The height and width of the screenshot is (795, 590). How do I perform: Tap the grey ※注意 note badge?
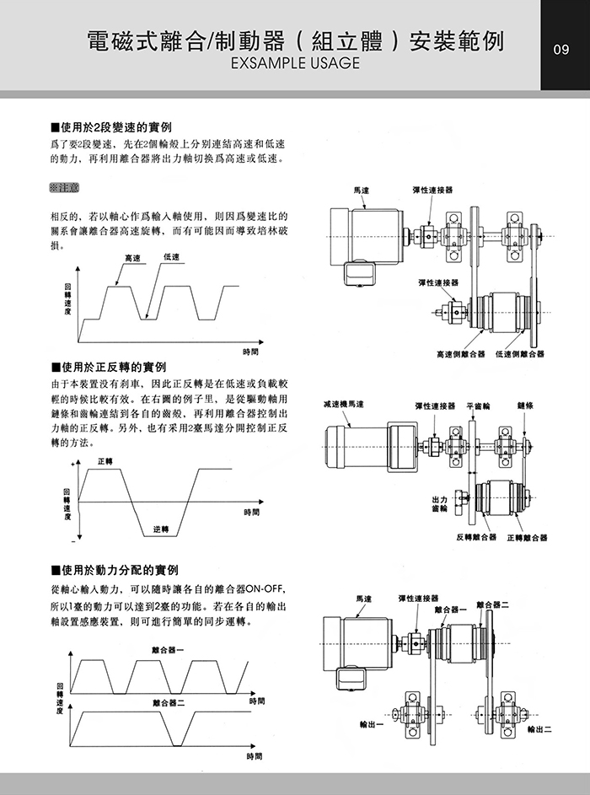click(x=64, y=185)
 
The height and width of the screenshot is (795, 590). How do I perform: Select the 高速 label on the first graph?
click(x=132, y=257)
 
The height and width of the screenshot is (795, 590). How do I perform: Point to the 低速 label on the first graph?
click(x=171, y=256)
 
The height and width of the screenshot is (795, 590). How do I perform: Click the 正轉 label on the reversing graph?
click(x=105, y=461)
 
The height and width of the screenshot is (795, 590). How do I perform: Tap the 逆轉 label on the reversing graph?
click(x=161, y=529)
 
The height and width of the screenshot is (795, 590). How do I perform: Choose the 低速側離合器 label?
click(x=519, y=354)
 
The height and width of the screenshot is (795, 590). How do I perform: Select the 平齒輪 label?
click(x=478, y=406)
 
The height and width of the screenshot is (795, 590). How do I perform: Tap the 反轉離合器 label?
click(x=476, y=537)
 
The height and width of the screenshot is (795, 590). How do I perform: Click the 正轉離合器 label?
click(x=527, y=537)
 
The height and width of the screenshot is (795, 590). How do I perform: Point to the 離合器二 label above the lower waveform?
click(x=169, y=702)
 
